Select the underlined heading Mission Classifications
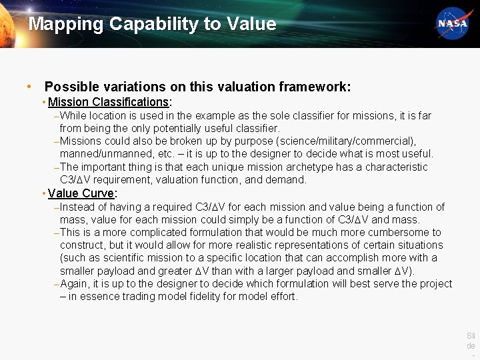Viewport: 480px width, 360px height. tap(109, 102)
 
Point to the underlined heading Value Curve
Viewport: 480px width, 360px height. tap(81, 193)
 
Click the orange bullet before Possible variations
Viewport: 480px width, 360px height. tap(29, 87)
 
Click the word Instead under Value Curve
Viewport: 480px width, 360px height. tap(77, 207)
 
